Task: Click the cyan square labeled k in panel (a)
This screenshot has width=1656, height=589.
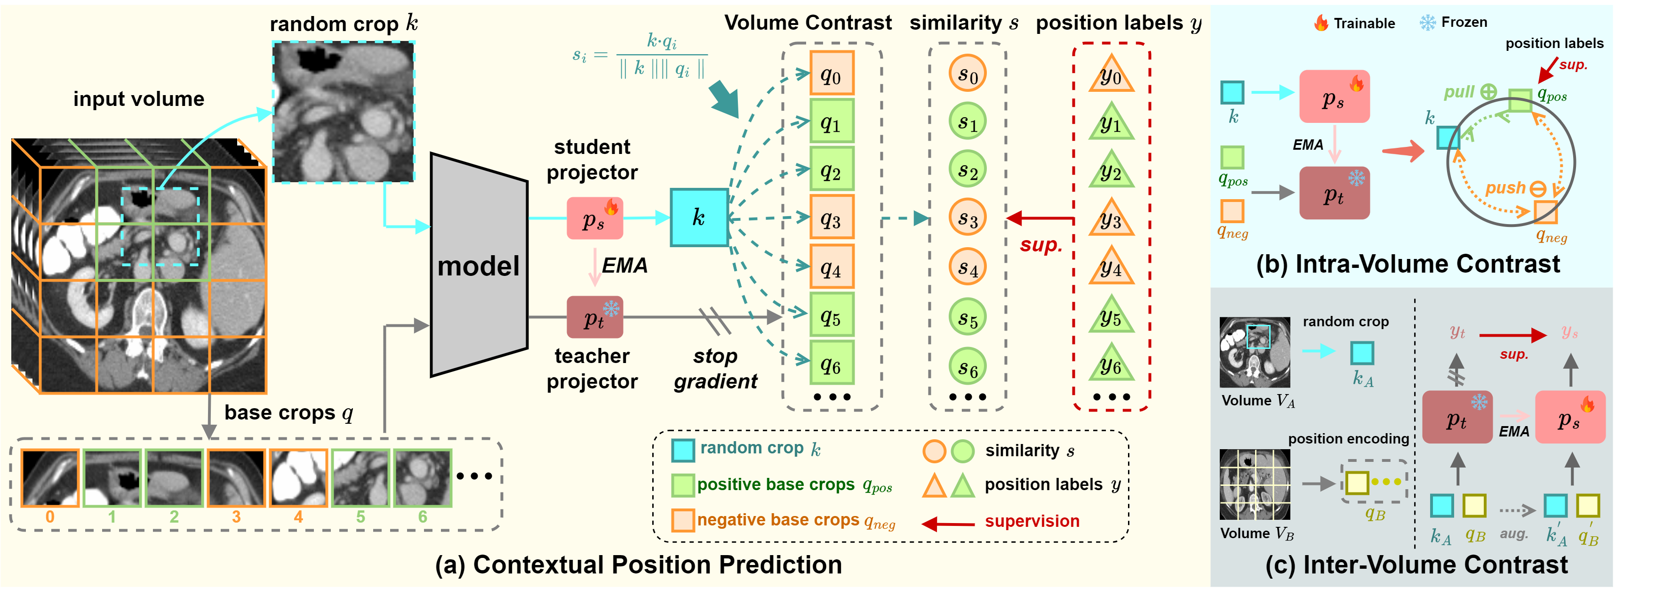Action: [699, 218]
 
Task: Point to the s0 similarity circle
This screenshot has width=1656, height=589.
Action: [967, 73]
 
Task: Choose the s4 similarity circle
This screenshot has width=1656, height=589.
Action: [967, 267]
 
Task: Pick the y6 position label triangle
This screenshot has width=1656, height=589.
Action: [1111, 364]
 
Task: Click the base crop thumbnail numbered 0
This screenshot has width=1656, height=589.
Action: [50, 478]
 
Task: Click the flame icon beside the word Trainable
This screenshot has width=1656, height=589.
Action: [1320, 23]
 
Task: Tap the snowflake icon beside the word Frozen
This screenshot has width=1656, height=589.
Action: [1427, 23]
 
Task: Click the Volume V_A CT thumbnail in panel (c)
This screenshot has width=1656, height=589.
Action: [1254, 352]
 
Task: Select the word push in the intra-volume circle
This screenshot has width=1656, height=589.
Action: [1505, 188]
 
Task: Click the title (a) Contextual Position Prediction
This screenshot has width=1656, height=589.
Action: [639, 565]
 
